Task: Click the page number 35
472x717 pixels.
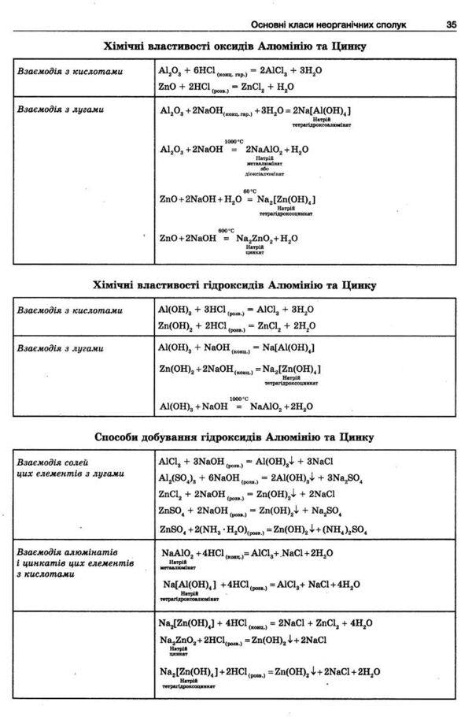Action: coord(451,24)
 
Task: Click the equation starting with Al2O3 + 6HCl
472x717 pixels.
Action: coord(241,71)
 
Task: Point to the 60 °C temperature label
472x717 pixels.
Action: coord(249,191)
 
